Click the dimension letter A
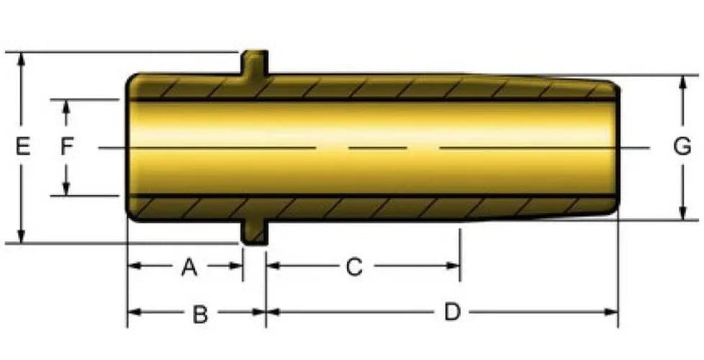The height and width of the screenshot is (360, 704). (x=189, y=268)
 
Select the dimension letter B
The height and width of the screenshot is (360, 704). (x=200, y=314)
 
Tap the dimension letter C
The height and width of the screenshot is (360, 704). (x=354, y=268)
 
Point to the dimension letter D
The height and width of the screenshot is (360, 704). (x=453, y=312)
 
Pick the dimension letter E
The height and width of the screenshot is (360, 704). (x=23, y=147)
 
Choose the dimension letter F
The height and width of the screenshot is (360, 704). (x=67, y=147)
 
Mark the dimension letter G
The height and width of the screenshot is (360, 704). (x=682, y=147)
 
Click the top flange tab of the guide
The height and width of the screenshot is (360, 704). (x=255, y=63)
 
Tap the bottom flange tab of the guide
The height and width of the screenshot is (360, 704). (x=255, y=233)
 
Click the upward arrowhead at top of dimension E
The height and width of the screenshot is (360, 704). (x=21, y=58)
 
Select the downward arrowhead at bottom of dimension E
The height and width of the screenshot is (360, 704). (x=21, y=237)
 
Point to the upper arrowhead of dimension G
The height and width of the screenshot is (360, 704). (x=683, y=82)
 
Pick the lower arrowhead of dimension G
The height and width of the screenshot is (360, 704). (x=683, y=213)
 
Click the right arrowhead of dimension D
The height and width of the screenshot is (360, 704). (x=611, y=312)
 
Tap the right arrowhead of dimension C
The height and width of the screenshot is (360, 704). (x=453, y=266)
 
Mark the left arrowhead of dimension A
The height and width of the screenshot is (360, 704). (x=135, y=266)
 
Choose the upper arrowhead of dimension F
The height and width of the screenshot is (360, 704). (x=66, y=107)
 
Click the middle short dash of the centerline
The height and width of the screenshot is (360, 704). (x=378, y=148)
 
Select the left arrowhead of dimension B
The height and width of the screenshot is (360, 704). (x=135, y=312)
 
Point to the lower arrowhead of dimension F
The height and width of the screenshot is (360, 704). (x=66, y=189)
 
